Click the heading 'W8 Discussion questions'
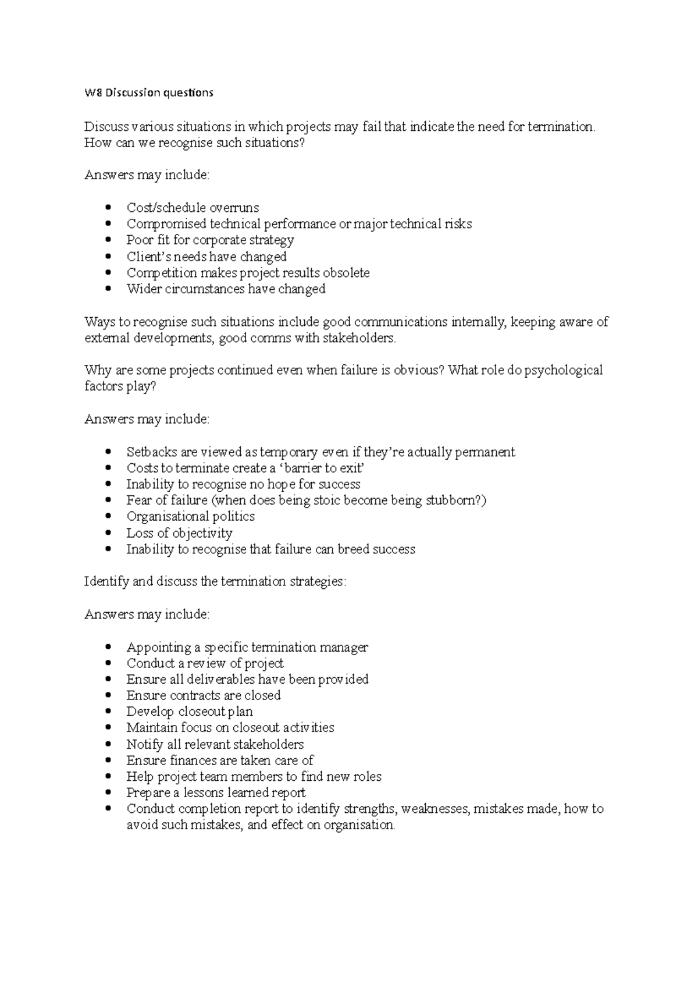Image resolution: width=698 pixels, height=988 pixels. [x=149, y=93]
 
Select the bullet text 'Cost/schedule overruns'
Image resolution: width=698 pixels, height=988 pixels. [x=193, y=208]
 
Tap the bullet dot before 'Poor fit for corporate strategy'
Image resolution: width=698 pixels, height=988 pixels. [x=108, y=240]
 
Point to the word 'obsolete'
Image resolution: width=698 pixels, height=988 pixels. [x=346, y=273]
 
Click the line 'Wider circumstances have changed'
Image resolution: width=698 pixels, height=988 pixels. [x=226, y=289]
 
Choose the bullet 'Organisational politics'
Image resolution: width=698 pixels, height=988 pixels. [x=190, y=517]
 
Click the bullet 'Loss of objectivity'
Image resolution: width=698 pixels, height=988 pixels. [x=179, y=533]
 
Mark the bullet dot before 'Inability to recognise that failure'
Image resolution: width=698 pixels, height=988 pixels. [x=108, y=549]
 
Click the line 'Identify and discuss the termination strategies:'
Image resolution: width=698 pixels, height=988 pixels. [x=215, y=582]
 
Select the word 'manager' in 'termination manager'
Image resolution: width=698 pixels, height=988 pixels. [x=346, y=648]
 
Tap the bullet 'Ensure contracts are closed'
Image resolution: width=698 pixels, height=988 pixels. [x=203, y=696]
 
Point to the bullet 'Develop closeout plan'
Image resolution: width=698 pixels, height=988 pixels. [x=189, y=712]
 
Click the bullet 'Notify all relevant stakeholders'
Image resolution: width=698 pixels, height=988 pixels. [x=215, y=745]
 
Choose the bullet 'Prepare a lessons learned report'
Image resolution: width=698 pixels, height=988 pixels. [x=215, y=793]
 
